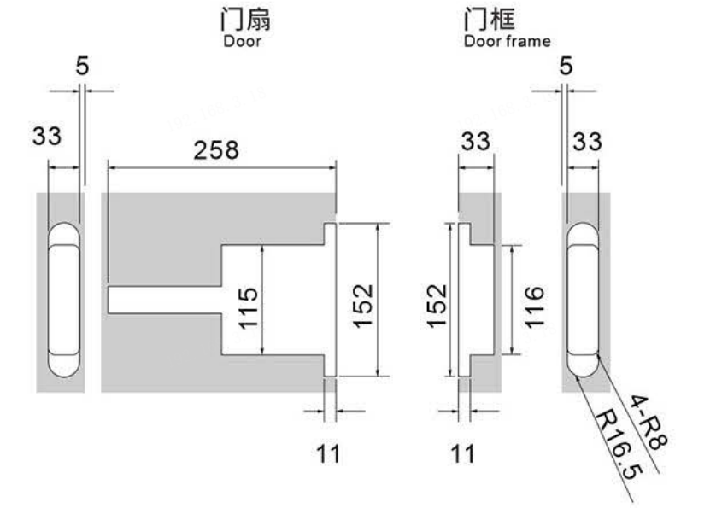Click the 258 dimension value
click(216, 150)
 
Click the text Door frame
click(507, 40)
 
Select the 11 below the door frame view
click(461, 453)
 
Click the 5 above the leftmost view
click(82, 67)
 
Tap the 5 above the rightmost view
click(566, 67)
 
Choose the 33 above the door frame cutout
click(476, 142)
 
